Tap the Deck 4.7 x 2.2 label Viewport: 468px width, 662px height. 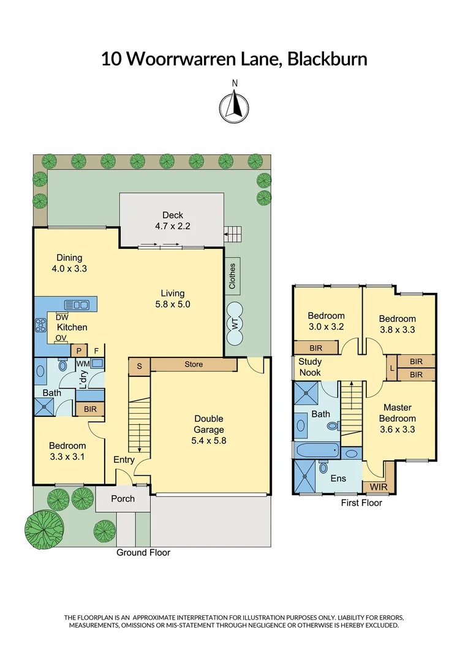pos(173,220)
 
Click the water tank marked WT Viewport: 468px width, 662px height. pos(235,323)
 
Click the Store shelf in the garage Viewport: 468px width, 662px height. pos(194,365)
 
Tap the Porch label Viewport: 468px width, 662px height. pos(123,498)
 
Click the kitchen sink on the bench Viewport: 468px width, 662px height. pos(77,304)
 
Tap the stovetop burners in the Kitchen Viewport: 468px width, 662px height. pos(41,325)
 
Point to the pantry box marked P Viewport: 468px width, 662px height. pos(78,350)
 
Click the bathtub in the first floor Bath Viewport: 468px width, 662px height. pos(316,451)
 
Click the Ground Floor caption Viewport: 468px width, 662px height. pos(143,552)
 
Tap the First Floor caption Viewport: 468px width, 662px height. pos(361,503)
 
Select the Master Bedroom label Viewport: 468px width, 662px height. pos(398,418)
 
